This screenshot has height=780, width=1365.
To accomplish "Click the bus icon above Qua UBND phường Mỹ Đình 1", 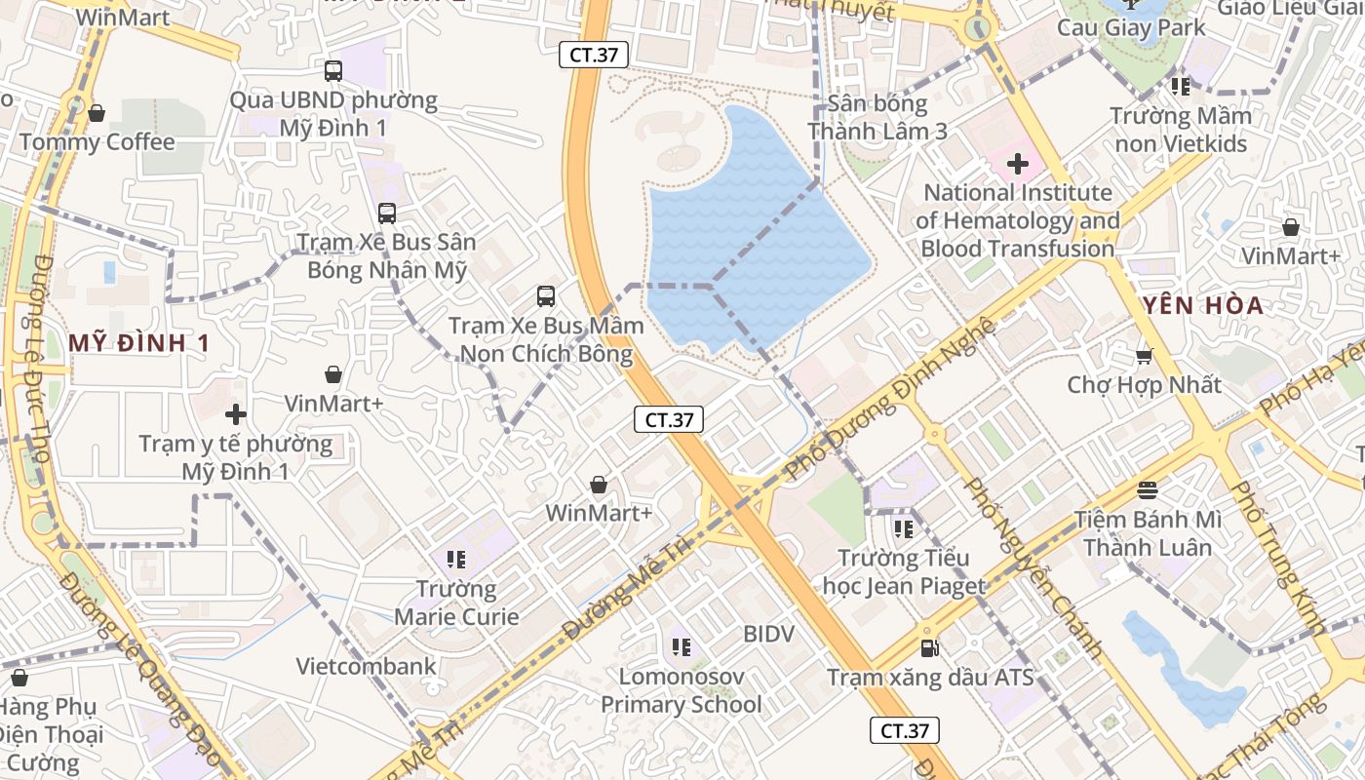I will click(333, 70).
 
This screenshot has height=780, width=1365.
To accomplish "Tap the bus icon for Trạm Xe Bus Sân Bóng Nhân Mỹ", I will click(387, 213).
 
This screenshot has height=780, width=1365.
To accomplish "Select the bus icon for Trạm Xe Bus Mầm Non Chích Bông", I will click(546, 295).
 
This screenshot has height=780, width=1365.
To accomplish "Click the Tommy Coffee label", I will click(97, 142).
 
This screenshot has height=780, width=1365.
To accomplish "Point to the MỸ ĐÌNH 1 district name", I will click(139, 343).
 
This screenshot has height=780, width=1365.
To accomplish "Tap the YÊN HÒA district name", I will click(1204, 305).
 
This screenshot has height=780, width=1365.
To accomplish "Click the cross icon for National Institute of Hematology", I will click(1017, 164).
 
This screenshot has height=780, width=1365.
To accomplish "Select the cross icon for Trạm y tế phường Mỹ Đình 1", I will click(235, 414).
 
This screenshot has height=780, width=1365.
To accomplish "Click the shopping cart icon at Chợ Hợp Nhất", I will click(1144, 356).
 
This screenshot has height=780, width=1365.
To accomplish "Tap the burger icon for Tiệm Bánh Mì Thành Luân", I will click(1147, 489).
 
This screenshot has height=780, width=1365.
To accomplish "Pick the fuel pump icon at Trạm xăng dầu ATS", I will click(929, 647).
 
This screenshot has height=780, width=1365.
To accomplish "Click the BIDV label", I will click(768, 634).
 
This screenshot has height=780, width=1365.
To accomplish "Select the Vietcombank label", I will click(367, 667).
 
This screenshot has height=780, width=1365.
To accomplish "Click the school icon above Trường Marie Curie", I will click(455, 559).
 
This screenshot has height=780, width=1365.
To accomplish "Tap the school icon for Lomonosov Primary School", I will click(681, 646).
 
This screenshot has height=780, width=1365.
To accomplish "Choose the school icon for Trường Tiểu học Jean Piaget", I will click(903, 528).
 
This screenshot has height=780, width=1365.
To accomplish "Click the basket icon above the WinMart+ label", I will click(599, 485).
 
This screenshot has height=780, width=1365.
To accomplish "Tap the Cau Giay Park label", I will click(1131, 27).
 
